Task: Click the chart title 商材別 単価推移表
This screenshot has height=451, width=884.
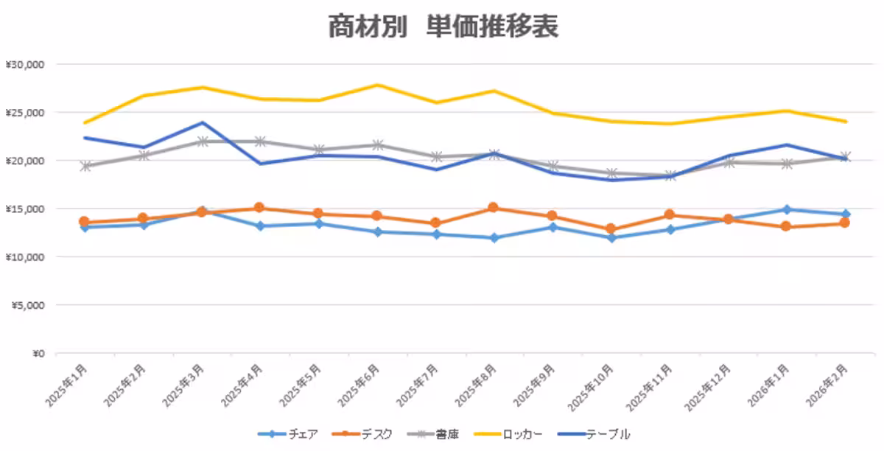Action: pos(443,26)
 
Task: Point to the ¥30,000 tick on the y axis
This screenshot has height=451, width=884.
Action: pos(25,64)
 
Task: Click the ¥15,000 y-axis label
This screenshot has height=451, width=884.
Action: pos(25,209)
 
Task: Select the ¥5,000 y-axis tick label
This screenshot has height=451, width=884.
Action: pos(28,305)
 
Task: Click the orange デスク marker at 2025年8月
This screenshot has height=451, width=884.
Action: pos(493,208)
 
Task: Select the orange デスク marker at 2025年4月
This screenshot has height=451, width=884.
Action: pos(259,208)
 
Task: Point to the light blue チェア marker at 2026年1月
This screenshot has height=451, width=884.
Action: pos(787,209)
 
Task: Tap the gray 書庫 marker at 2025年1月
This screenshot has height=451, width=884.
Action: pos(85,167)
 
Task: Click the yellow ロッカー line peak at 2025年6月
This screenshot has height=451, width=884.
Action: pos(376,85)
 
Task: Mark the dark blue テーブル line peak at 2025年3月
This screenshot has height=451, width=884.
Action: pos(202,122)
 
